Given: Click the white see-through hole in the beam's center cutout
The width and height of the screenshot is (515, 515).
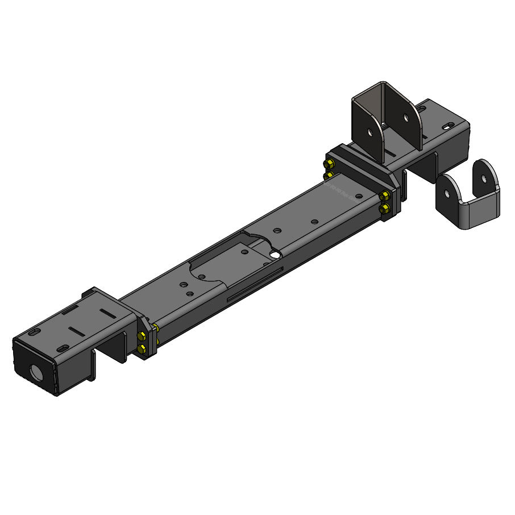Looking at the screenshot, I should click(276, 255).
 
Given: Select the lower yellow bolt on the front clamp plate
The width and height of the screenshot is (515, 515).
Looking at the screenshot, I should click(142, 348).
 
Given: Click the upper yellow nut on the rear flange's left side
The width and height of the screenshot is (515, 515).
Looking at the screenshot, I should click(329, 165).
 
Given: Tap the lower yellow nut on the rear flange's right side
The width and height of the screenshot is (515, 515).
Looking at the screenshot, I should click(385, 210).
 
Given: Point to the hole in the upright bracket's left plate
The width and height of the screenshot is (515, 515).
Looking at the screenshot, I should click(370, 134).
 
